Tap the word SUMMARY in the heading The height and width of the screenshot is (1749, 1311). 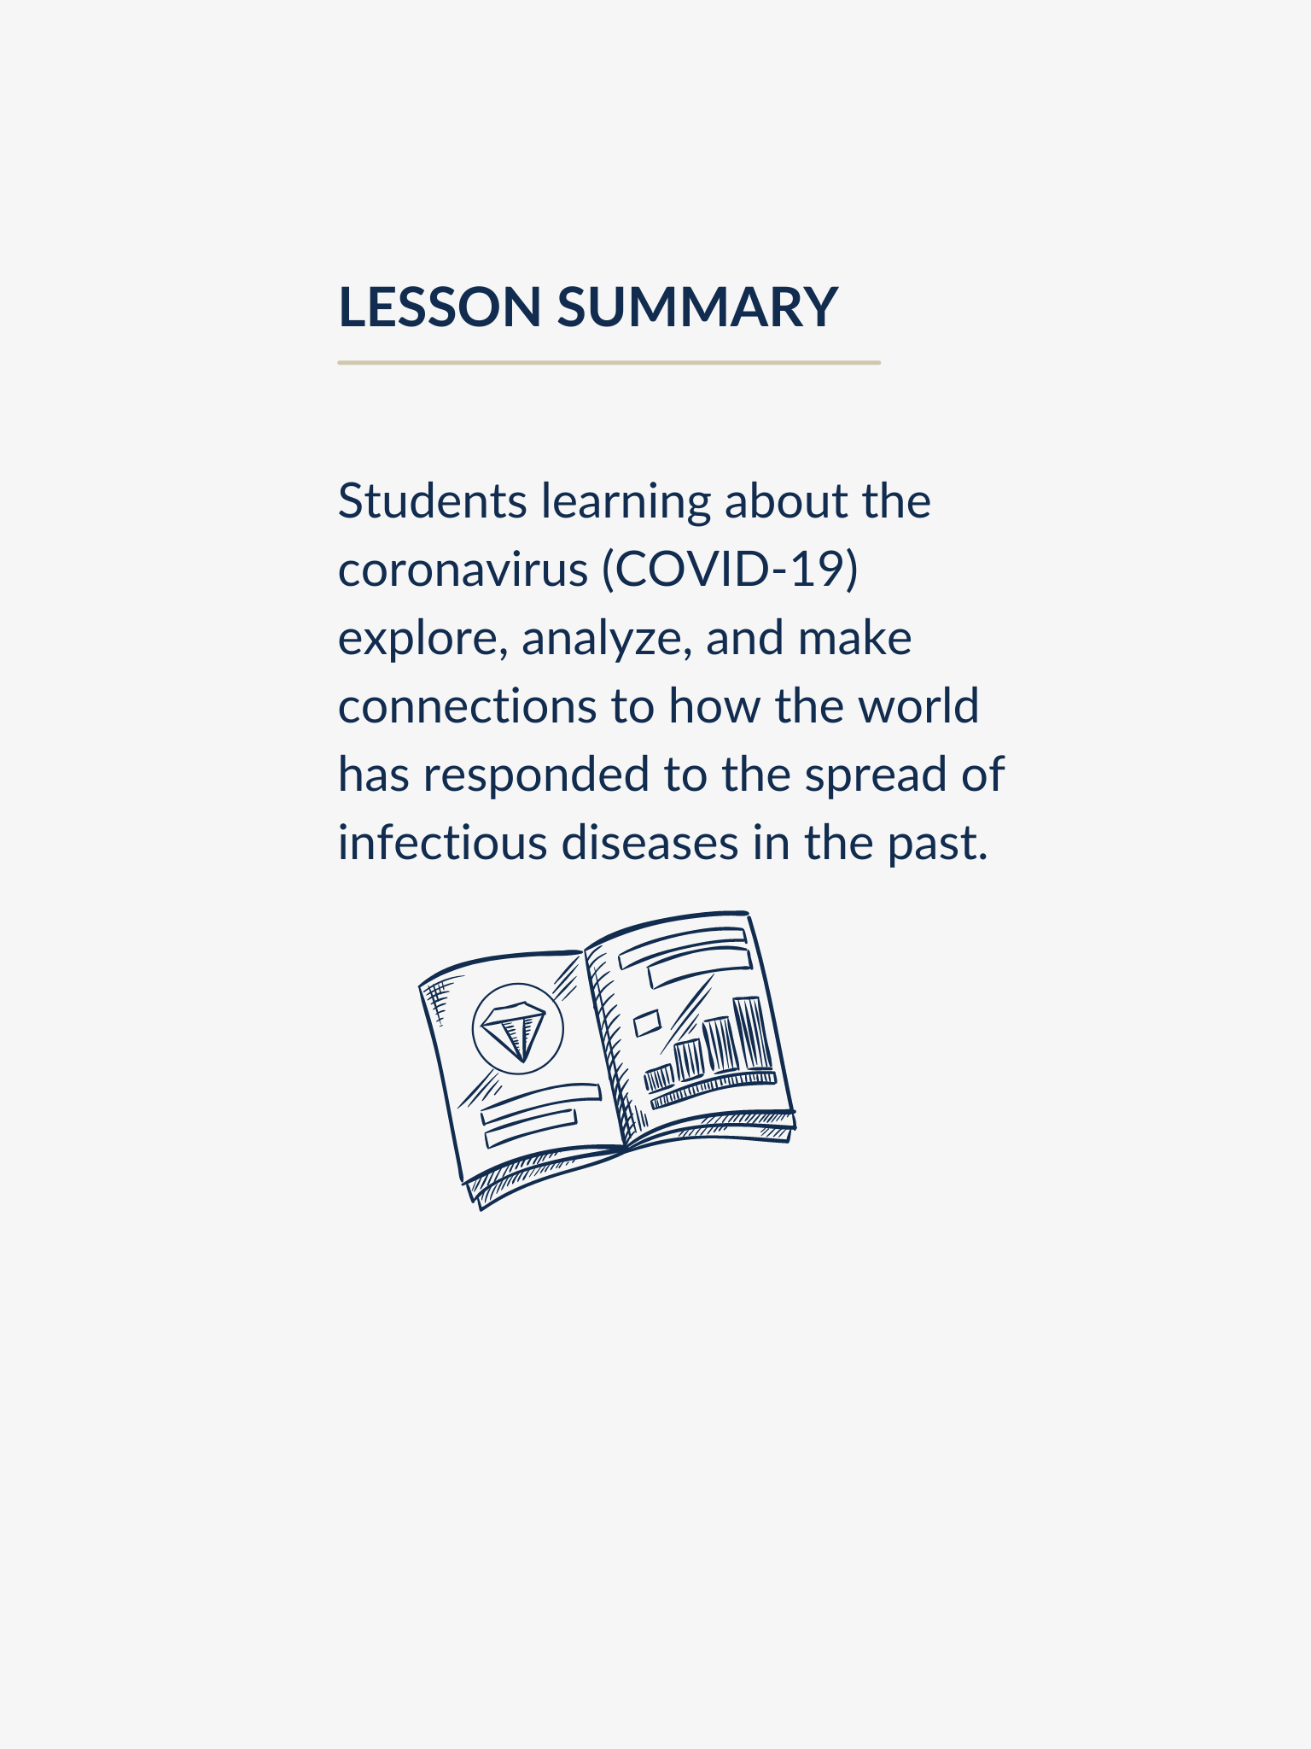click(697, 307)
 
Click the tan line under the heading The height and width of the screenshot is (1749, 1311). click(608, 363)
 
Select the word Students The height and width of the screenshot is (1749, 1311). click(432, 501)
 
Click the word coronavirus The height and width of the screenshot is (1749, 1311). click(463, 570)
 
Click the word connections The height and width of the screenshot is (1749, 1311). click(467, 707)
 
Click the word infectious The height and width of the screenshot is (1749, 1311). click(442, 843)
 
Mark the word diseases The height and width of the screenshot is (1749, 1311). click(649, 843)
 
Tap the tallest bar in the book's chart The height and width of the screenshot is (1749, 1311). click(751, 1034)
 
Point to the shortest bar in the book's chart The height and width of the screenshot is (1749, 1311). click(659, 1079)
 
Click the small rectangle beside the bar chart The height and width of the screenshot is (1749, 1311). click(647, 1022)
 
